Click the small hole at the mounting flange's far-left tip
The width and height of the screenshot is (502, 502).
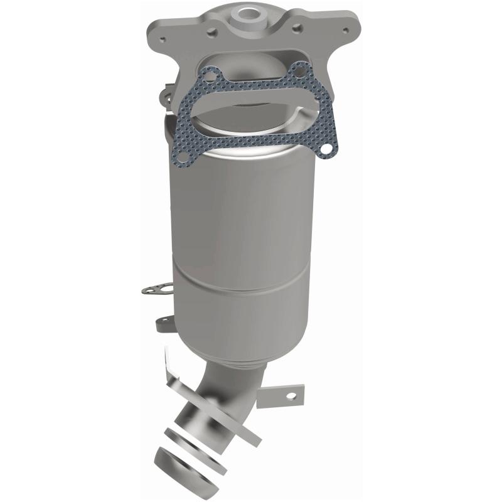click(164, 39)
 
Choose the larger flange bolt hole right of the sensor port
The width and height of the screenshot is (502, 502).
click(294, 26)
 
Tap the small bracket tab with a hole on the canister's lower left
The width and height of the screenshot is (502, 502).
click(164, 322)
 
